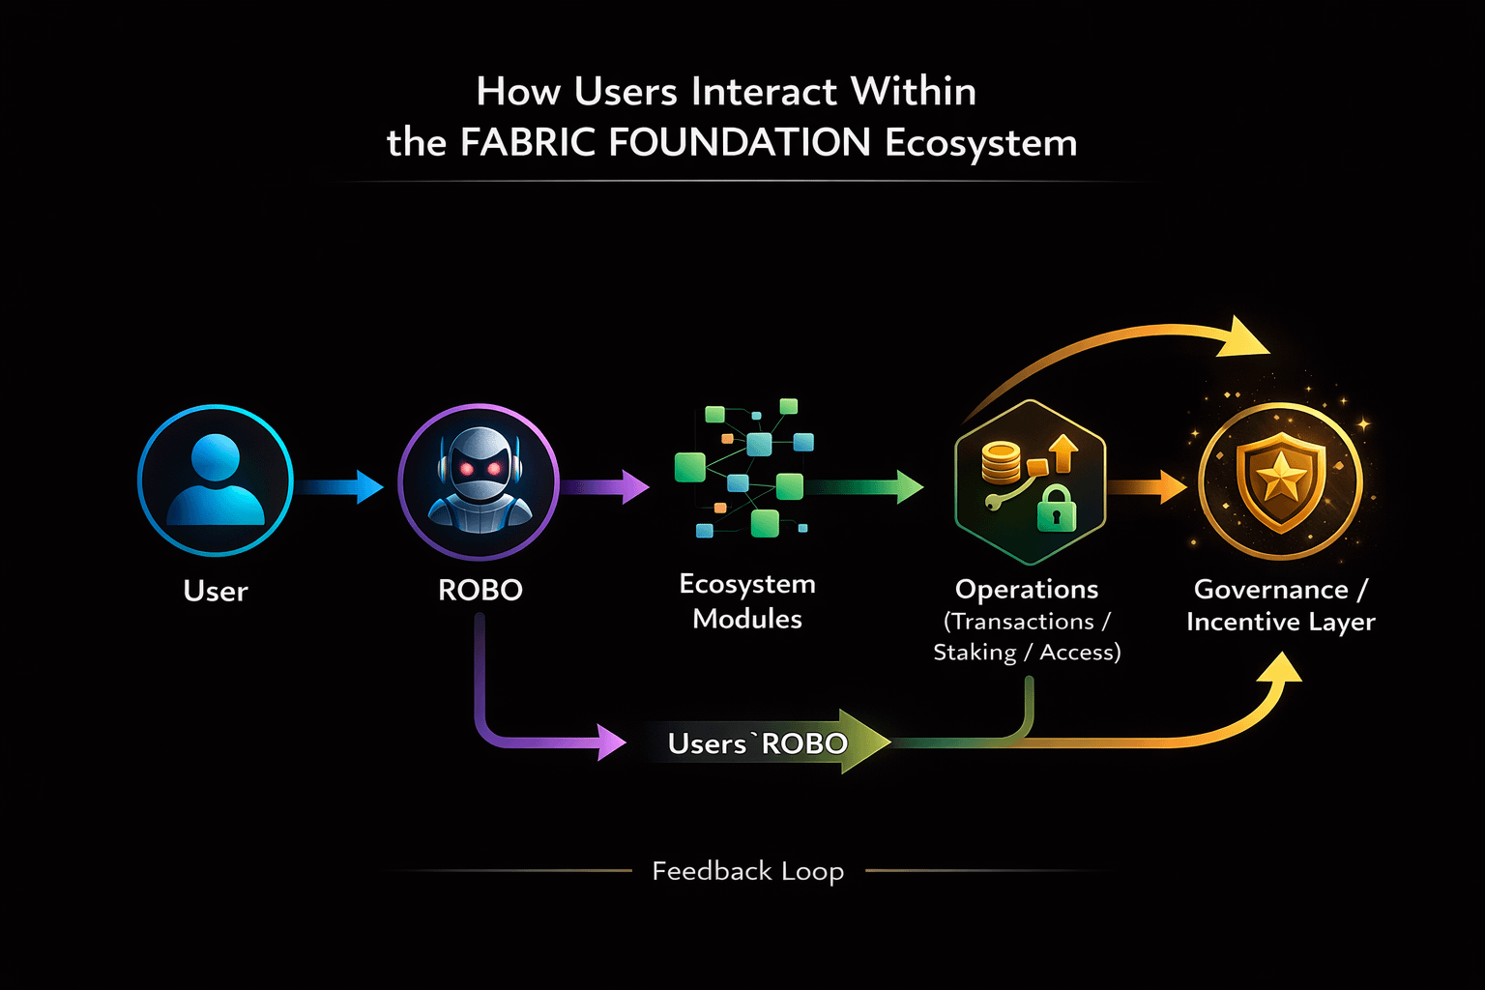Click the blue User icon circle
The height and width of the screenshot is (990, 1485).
(215, 480)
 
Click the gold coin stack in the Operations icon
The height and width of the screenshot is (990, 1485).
(1001, 462)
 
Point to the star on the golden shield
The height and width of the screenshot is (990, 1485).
(1280, 475)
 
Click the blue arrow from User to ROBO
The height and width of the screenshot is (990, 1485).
(340, 485)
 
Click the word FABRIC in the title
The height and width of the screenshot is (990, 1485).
(528, 143)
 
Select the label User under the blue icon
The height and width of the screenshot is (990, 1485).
(216, 591)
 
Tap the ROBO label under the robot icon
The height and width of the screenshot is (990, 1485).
(480, 590)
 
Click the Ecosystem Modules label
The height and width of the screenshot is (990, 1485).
(747, 600)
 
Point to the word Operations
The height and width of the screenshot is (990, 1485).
(1027, 589)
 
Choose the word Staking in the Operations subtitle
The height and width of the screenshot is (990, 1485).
(975, 653)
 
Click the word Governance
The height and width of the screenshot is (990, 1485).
(1270, 589)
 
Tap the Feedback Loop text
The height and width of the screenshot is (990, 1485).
(747, 871)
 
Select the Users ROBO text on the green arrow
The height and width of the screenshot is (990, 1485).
(757, 743)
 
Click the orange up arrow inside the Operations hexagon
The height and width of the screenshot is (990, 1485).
(1063, 452)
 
